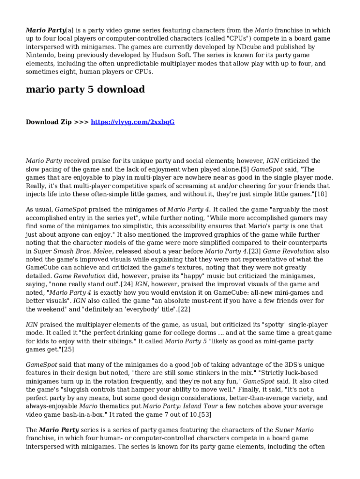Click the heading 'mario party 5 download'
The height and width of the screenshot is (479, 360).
click(85, 89)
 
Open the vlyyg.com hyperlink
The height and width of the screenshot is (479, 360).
click(132, 122)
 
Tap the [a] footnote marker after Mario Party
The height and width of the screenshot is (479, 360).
click(69, 30)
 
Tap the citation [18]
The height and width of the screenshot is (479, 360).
click(321, 194)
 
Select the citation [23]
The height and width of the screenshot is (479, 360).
click(254, 251)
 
